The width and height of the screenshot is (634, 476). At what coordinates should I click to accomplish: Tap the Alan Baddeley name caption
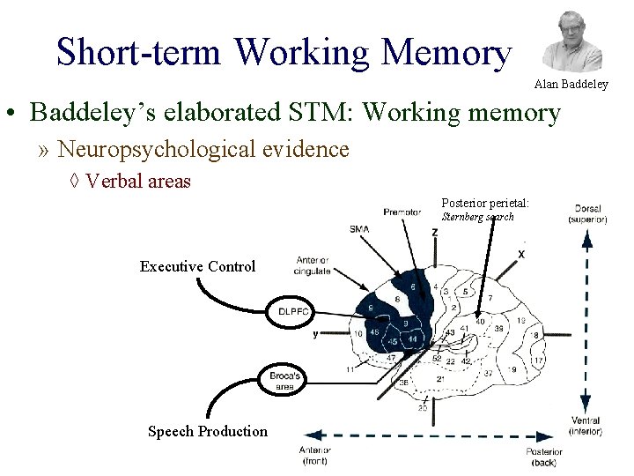(571, 85)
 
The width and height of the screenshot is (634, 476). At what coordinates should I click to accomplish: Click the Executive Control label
(197, 266)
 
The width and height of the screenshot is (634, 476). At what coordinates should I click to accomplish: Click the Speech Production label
(208, 431)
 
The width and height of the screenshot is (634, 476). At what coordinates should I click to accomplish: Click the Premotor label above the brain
(402, 212)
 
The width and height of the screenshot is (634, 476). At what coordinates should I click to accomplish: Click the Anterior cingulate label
(313, 265)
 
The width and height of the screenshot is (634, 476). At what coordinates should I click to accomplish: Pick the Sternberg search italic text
(478, 217)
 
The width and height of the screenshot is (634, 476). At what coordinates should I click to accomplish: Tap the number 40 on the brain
(480, 322)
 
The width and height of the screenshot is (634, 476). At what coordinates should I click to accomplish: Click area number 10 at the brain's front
(358, 333)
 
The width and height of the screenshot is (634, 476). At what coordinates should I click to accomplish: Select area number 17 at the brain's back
(538, 361)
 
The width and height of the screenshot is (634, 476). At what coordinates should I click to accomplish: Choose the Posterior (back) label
(544, 456)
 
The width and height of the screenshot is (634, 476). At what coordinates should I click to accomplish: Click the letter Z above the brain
(435, 232)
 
